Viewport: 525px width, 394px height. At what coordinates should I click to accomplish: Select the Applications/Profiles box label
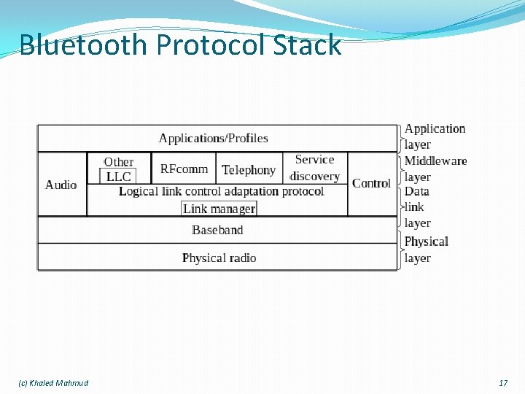(x=213, y=138)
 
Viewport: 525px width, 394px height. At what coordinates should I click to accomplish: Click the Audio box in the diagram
(x=61, y=185)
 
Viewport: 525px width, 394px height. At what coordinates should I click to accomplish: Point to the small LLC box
(x=118, y=177)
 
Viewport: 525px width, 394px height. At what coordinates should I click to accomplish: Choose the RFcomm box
(x=184, y=169)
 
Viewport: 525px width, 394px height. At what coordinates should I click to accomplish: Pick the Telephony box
(x=249, y=170)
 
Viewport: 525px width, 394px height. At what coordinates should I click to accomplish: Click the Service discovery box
(x=314, y=168)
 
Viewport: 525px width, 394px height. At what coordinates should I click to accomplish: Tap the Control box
(x=371, y=183)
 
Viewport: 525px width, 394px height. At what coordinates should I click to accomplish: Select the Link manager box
(x=219, y=209)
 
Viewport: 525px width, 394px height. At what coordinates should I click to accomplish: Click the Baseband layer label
(x=217, y=230)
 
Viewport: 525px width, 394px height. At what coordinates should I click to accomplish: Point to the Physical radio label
(x=219, y=258)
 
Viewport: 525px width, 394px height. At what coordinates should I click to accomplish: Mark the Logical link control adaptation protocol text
(x=221, y=191)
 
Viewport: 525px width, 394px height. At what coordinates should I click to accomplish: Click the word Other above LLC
(x=118, y=162)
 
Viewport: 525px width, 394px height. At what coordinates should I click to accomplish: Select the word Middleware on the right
(x=435, y=161)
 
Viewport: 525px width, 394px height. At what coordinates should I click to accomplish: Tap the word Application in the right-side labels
(x=435, y=129)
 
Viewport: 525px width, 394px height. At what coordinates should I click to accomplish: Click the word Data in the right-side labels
(x=417, y=191)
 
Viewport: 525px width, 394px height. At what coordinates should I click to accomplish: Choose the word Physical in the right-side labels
(x=426, y=242)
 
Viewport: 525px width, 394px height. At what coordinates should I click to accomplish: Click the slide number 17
(x=502, y=383)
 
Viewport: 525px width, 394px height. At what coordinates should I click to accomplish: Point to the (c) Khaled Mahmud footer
(x=53, y=383)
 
